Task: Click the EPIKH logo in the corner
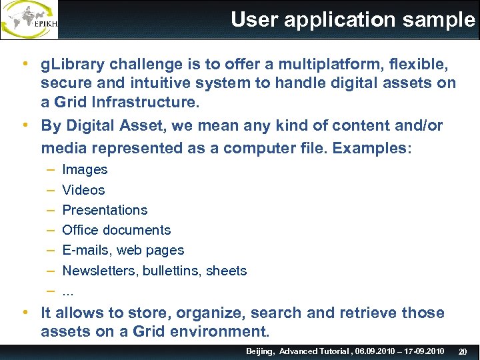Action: coord(29,20)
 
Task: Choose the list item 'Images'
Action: coord(85,170)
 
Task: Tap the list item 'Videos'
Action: coord(83,190)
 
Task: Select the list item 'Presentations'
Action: coord(105,210)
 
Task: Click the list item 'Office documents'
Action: coord(116,230)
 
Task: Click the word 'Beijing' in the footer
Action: coord(260,351)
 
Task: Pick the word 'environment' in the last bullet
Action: coord(223,331)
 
